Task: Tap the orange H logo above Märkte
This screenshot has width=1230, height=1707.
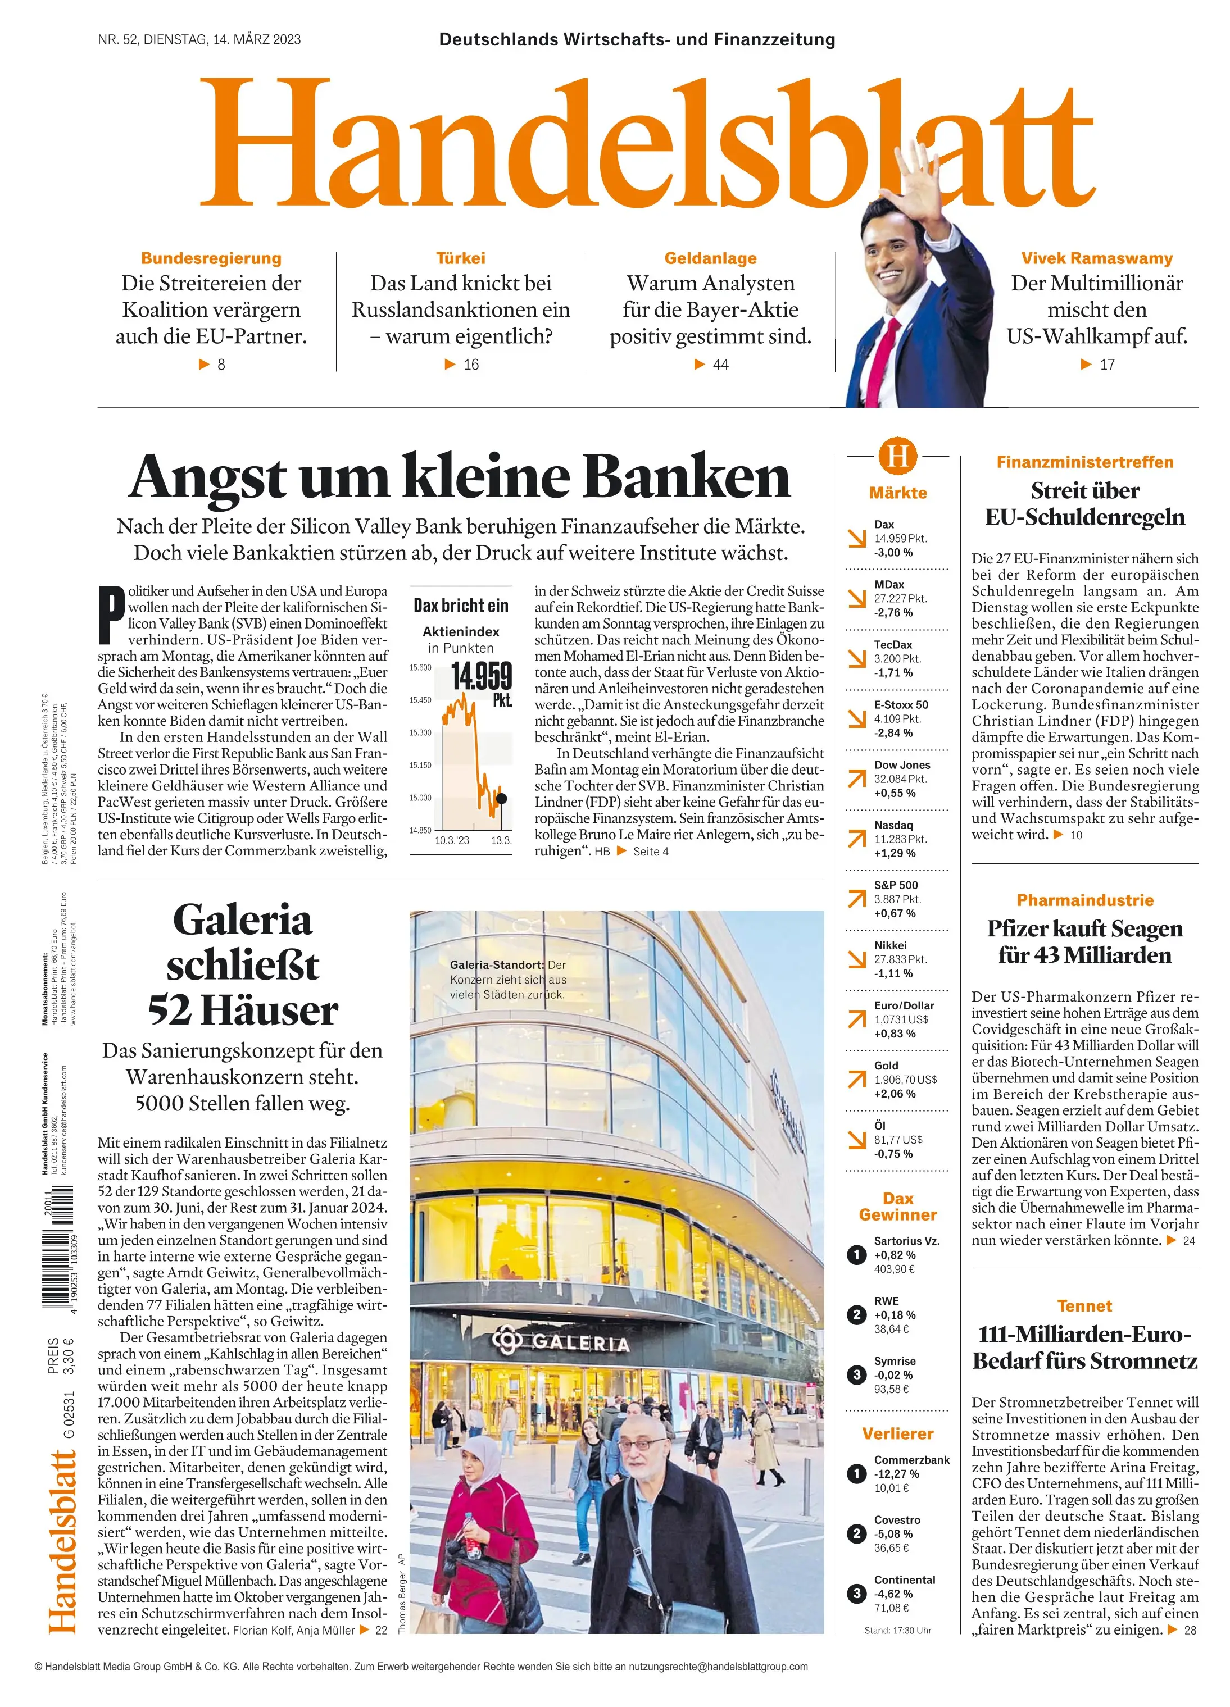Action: [897, 456]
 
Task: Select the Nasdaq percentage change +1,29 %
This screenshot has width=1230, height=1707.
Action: [895, 853]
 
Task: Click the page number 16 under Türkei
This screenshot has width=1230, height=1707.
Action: [470, 365]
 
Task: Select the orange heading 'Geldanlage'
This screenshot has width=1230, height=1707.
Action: [710, 258]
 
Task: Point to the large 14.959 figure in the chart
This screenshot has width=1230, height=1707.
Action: [481, 676]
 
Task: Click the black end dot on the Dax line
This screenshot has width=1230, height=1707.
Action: [501, 798]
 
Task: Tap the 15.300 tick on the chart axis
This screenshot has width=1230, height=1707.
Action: [420, 732]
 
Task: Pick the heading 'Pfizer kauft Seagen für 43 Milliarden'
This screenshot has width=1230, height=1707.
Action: [1084, 941]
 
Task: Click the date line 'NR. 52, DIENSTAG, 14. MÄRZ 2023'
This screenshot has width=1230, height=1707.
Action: [199, 40]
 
